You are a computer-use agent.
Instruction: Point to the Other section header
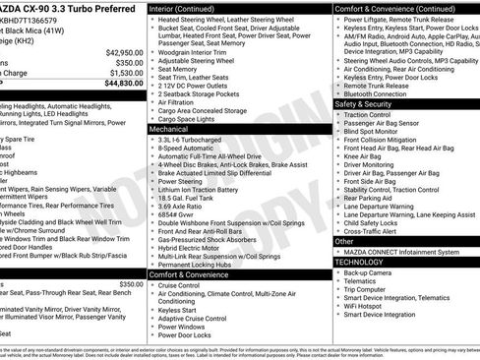tap(344, 241)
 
